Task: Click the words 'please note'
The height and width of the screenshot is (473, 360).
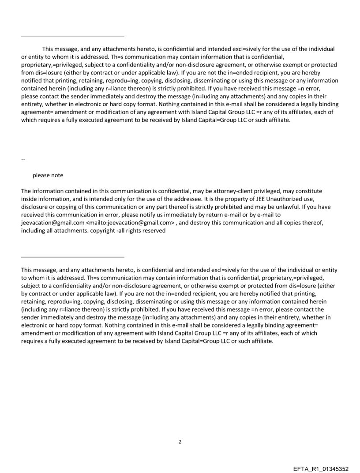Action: pyautogui.click(x=48, y=175)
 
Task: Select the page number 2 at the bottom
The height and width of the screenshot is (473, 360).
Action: pyautogui.click(x=180, y=442)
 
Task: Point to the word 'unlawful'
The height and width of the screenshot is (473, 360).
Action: pyautogui.click(x=275, y=207)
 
